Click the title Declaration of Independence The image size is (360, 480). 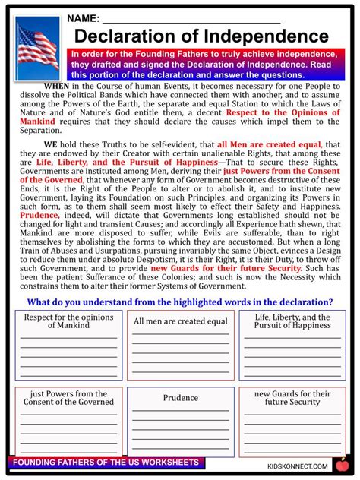pyautogui.click(x=201, y=36)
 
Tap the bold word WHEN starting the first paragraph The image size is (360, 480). pyautogui.click(x=58, y=85)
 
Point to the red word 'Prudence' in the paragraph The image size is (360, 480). pyautogui.click(x=39, y=216)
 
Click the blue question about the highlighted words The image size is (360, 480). pyautogui.click(x=180, y=302)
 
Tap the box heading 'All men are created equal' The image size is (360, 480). pyautogui.click(x=180, y=321)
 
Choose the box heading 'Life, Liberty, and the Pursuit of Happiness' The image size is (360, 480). pyautogui.click(x=292, y=321)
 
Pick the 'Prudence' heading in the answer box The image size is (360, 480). pyautogui.click(x=180, y=398)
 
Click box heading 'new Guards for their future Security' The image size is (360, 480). pyautogui.click(x=292, y=398)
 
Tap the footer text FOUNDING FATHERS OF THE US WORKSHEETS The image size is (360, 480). pyautogui.click(x=106, y=463)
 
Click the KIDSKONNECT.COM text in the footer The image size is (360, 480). pyautogui.click(x=297, y=466)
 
